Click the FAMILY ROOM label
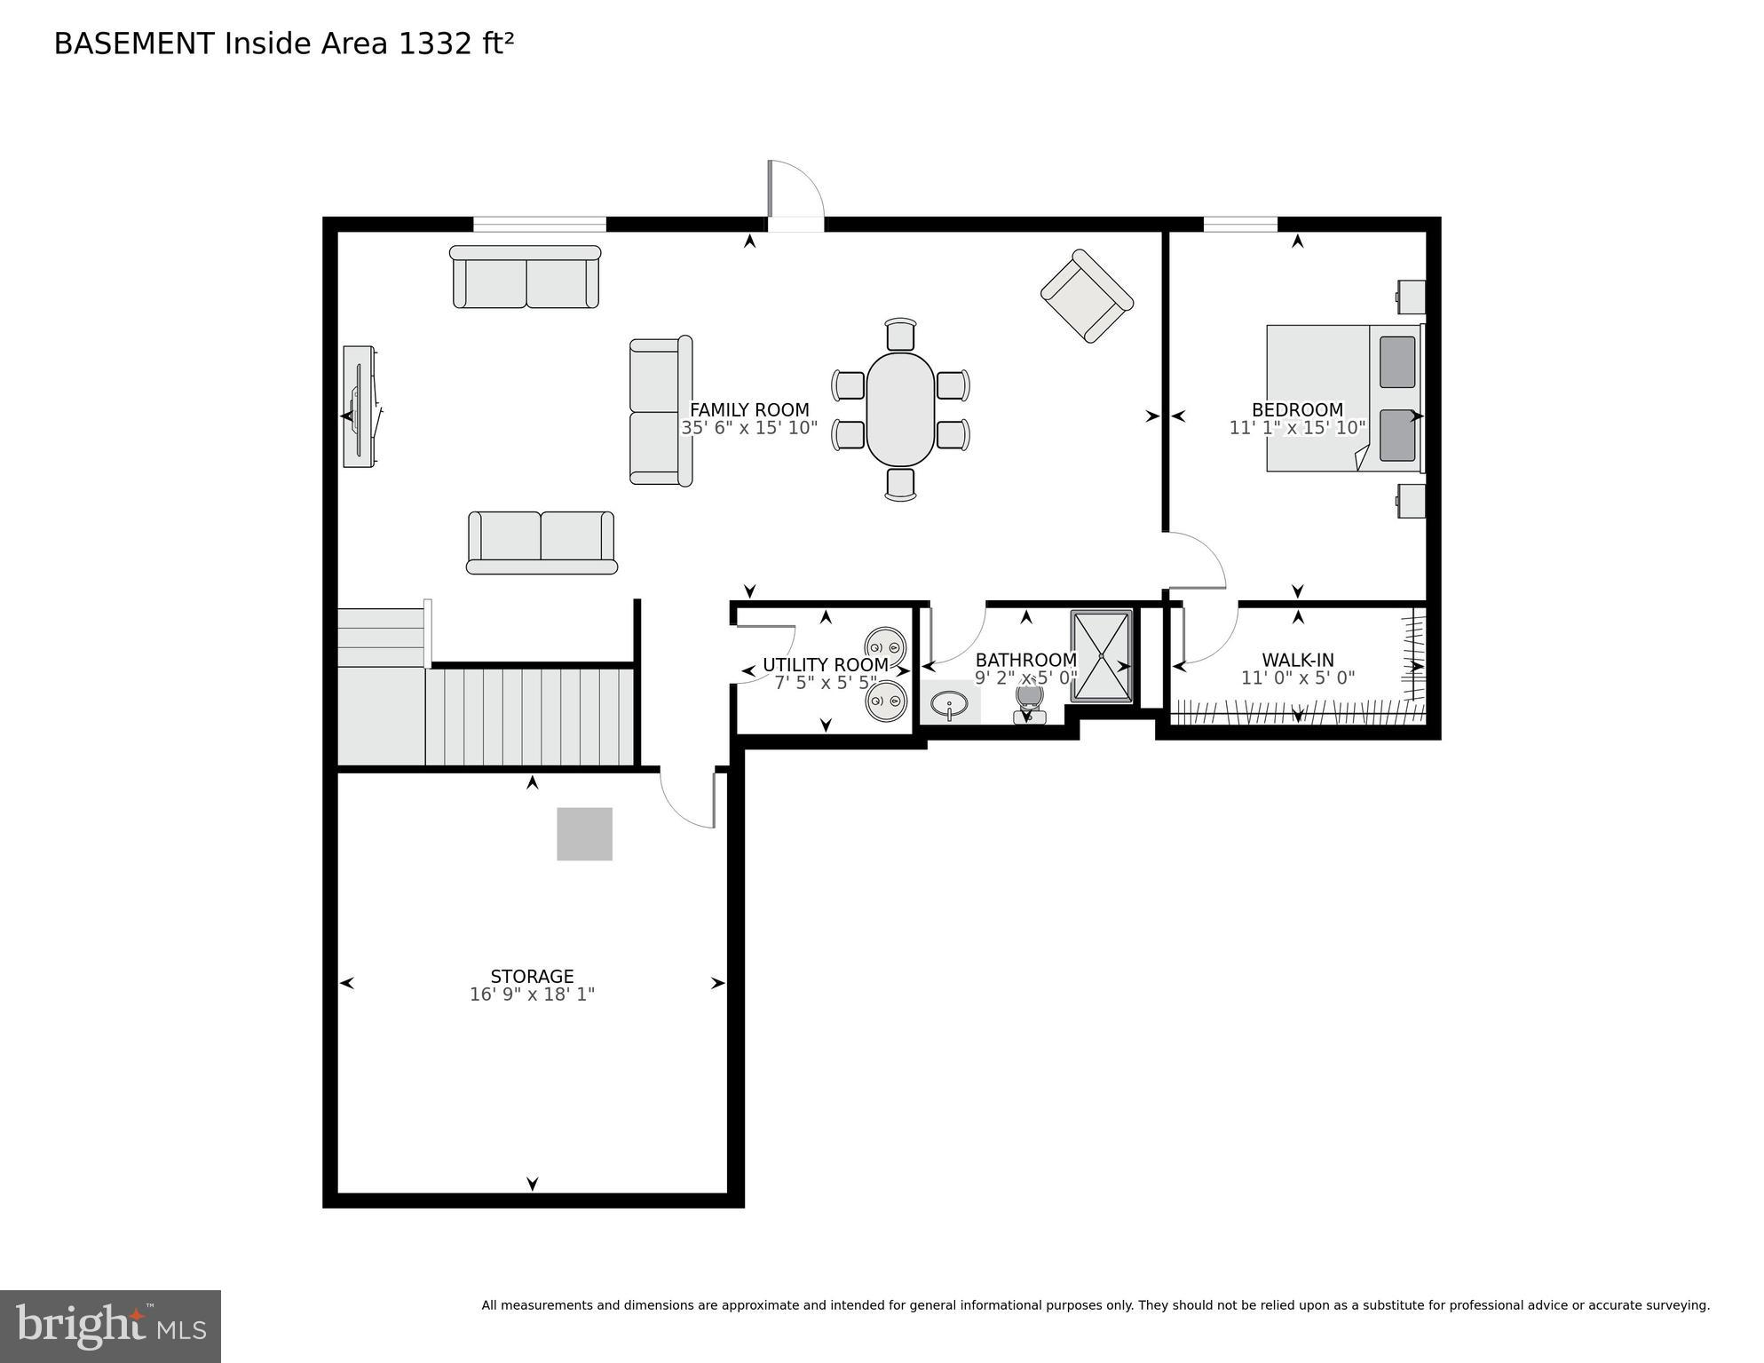point(749,409)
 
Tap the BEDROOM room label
point(1297,409)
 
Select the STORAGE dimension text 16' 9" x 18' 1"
point(532,995)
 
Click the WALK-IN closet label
point(1298,660)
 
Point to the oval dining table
point(900,409)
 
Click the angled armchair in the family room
point(1087,296)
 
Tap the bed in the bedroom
point(1345,398)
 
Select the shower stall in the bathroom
point(1102,656)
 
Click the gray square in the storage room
point(584,834)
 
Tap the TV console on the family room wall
point(360,407)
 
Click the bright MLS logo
point(110,1327)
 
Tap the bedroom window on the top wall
point(1240,224)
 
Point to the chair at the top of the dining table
point(900,334)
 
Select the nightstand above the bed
point(1411,297)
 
